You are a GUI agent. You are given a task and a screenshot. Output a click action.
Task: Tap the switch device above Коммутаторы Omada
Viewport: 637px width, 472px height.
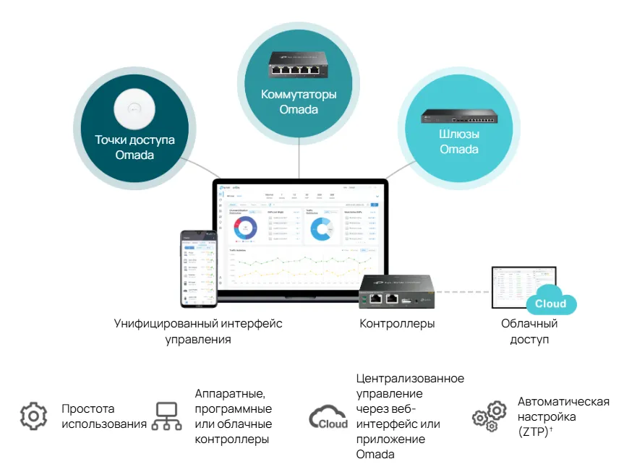pyautogui.click(x=299, y=64)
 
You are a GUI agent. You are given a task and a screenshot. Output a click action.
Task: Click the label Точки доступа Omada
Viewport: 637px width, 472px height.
pyautogui.click(x=134, y=147)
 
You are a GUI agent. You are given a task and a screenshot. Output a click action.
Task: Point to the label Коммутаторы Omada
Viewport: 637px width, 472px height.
pyautogui.click(x=299, y=102)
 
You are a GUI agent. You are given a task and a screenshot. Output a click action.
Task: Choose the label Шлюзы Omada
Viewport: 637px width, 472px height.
pyautogui.click(x=459, y=142)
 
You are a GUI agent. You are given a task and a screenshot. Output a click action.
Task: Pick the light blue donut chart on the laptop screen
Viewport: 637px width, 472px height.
pyautogui.click(x=320, y=228)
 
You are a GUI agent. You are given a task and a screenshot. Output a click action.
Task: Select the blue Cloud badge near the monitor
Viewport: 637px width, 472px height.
pyautogui.click(x=551, y=304)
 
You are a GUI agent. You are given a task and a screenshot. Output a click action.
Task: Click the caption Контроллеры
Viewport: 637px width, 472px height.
pyautogui.click(x=398, y=324)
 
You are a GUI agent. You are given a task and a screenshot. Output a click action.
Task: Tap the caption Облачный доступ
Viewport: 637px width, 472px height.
pyautogui.click(x=529, y=331)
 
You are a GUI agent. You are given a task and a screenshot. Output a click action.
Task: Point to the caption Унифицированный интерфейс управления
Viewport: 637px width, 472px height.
pyautogui.click(x=198, y=331)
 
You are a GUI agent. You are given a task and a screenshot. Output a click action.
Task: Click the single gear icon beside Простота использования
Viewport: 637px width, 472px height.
pyautogui.click(x=33, y=416)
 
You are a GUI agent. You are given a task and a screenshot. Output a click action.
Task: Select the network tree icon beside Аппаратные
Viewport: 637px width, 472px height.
pyautogui.click(x=166, y=416)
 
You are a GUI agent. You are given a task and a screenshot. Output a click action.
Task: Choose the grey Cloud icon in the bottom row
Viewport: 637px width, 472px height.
pyautogui.click(x=328, y=418)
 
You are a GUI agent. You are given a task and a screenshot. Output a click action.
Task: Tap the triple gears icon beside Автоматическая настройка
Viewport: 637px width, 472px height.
pyautogui.click(x=489, y=416)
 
